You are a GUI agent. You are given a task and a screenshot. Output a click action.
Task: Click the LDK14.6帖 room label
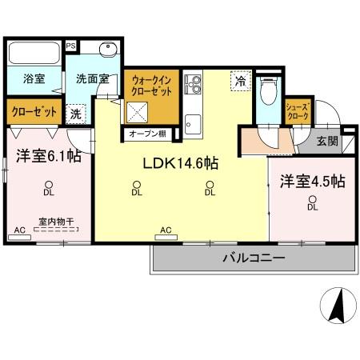click(x=181, y=162)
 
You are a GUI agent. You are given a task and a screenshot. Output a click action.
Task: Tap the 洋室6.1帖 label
click(x=45, y=156)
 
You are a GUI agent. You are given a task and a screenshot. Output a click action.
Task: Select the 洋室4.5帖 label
click(x=311, y=182)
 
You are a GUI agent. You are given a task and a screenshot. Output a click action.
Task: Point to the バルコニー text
click(x=253, y=258)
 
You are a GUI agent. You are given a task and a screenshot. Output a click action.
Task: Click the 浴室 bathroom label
click(x=33, y=80)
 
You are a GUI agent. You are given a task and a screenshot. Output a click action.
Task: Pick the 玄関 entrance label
click(x=326, y=142)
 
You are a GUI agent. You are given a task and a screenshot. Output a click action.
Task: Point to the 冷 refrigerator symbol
click(x=238, y=81)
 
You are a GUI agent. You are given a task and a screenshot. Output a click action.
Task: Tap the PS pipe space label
click(x=71, y=46)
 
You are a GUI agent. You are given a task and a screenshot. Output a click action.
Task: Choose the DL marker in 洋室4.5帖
click(x=312, y=205)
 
